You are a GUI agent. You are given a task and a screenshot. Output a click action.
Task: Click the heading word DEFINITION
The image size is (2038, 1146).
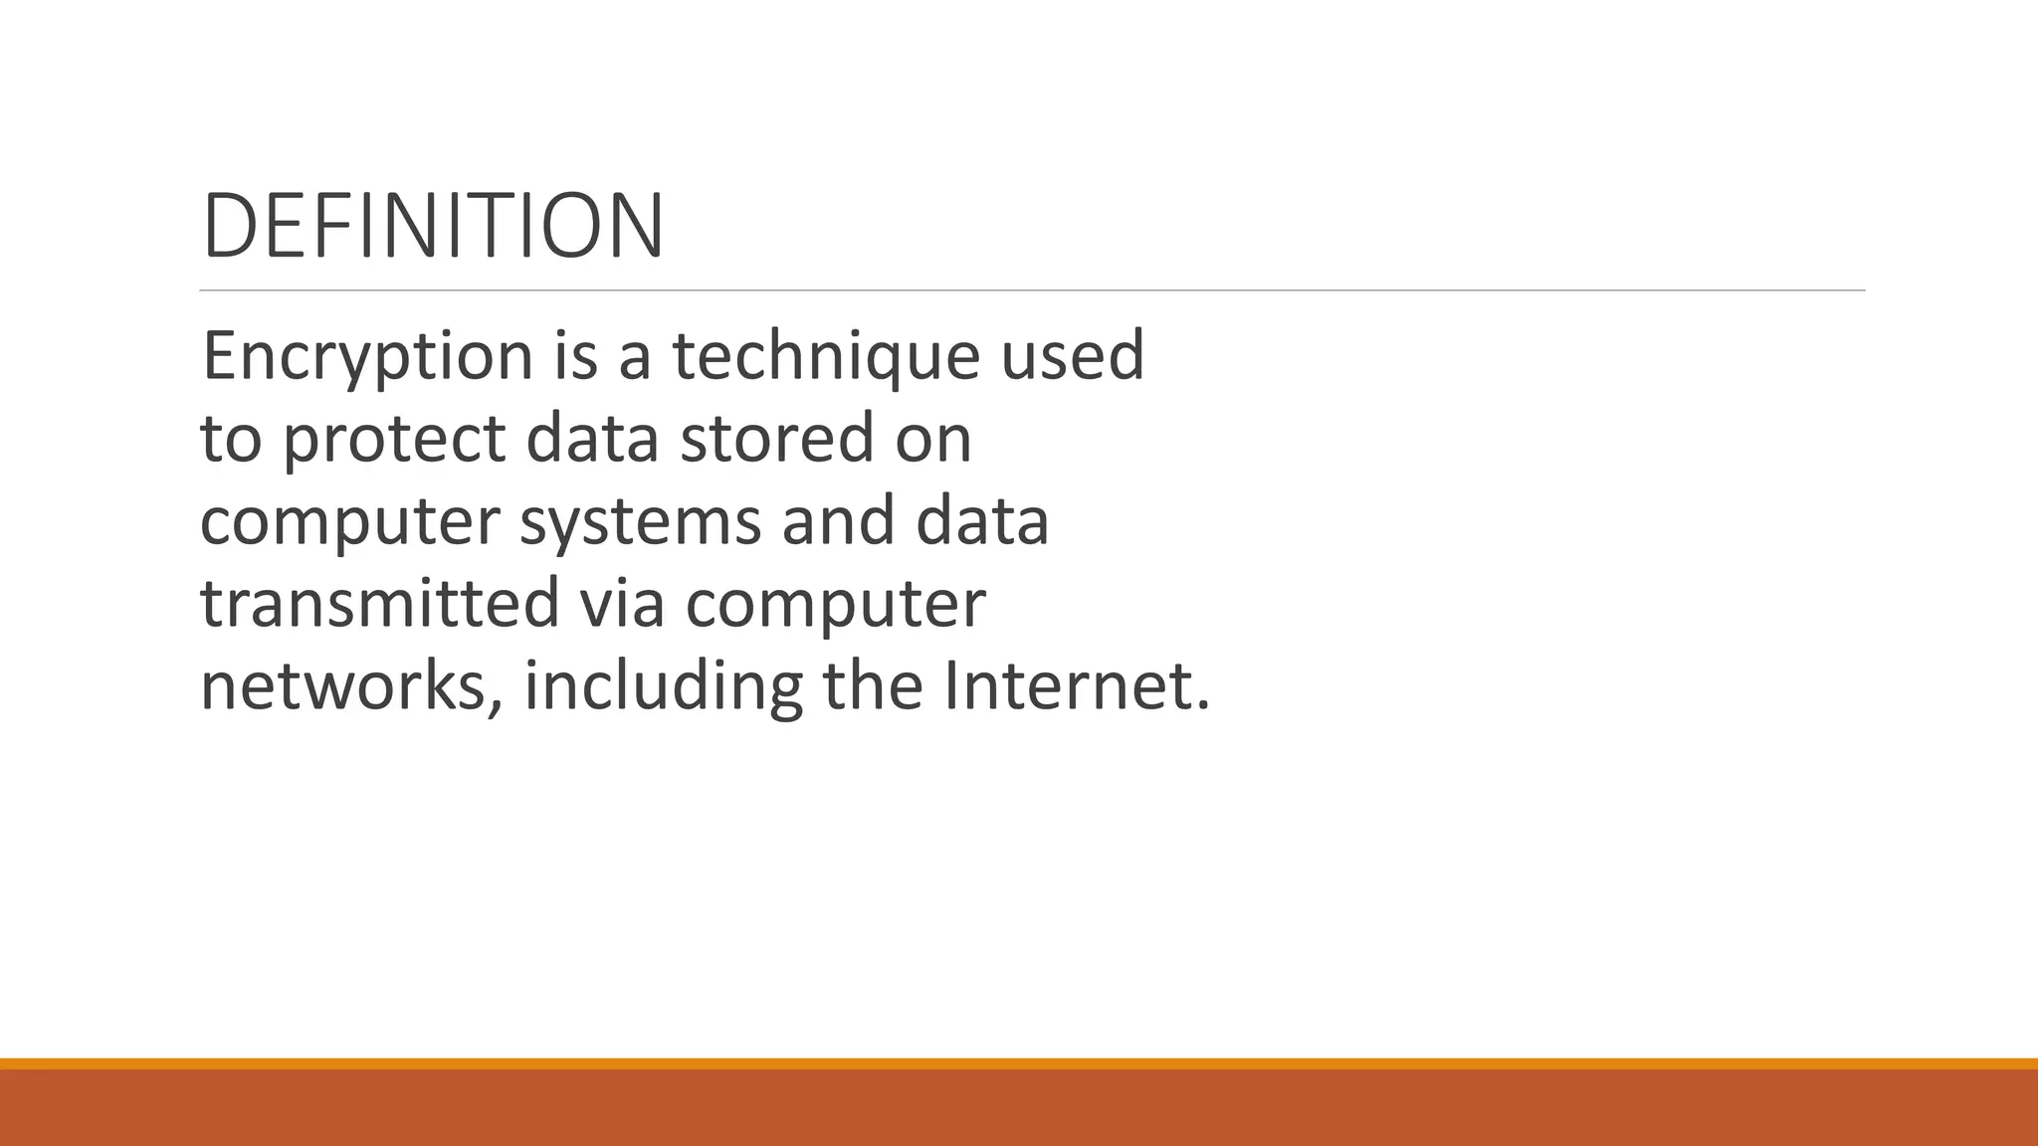click(433, 227)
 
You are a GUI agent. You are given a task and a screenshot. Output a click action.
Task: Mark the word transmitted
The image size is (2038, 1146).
click(380, 604)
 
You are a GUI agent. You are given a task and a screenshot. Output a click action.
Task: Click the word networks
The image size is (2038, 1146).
click(350, 686)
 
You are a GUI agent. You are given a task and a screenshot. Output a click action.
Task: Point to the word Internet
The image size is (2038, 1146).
click(1075, 686)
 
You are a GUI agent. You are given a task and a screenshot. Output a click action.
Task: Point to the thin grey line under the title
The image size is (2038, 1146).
click(1032, 290)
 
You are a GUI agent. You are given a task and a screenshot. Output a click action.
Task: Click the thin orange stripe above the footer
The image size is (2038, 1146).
click(1019, 1063)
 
